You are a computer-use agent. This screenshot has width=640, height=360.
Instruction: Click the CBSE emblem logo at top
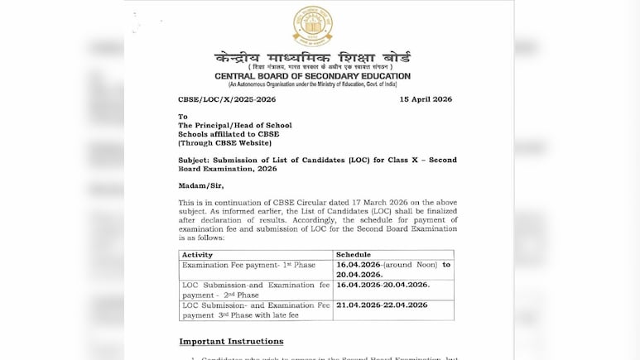pos(312,25)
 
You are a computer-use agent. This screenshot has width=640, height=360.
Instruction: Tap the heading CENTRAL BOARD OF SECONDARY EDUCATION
pos(312,76)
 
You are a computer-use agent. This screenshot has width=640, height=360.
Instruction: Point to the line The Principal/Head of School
pos(234,125)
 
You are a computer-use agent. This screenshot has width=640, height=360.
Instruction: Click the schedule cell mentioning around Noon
pos(393,270)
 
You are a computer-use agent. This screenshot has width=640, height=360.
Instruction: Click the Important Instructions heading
pos(231,341)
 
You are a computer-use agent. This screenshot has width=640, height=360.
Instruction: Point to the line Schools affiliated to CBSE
pos(229,134)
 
